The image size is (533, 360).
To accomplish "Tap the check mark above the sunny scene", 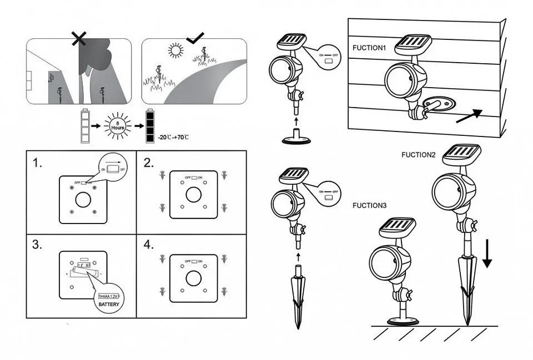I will pyautogui.click(x=195, y=38).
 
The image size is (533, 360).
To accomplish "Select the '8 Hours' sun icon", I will pyautogui.click(x=117, y=125).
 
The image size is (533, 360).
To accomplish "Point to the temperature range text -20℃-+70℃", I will pyautogui.click(x=173, y=137).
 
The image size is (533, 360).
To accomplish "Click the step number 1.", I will pyautogui.click(x=38, y=164).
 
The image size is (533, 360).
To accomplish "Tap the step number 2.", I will pyautogui.click(x=148, y=163).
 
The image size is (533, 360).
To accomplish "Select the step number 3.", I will pyautogui.click(x=38, y=245).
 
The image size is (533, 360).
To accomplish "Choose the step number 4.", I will pyautogui.click(x=148, y=245).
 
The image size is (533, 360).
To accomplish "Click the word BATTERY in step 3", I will pyautogui.click(x=109, y=304).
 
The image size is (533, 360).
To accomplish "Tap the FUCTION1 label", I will pyautogui.click(x=369, y=48).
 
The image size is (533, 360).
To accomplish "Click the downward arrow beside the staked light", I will pyautogui.click(x=486, y=255).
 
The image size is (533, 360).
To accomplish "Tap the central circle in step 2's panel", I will pyautogui.click(x=193, y=195).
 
